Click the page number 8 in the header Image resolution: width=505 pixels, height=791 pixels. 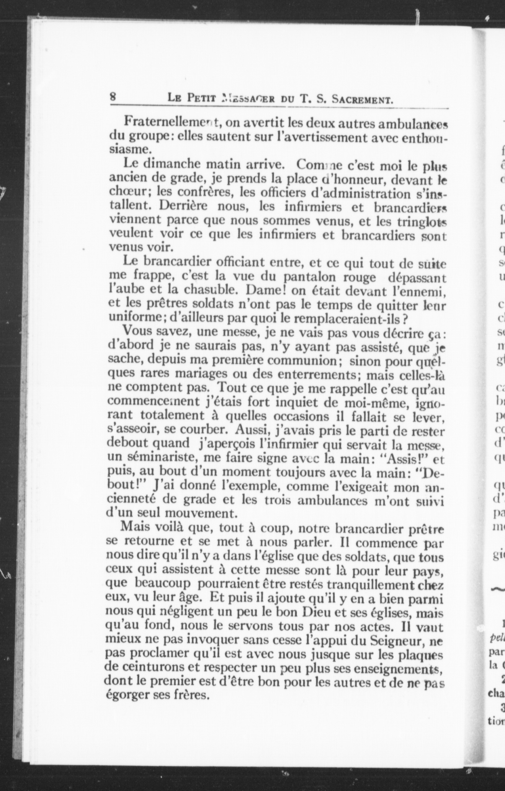coord(113,97)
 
